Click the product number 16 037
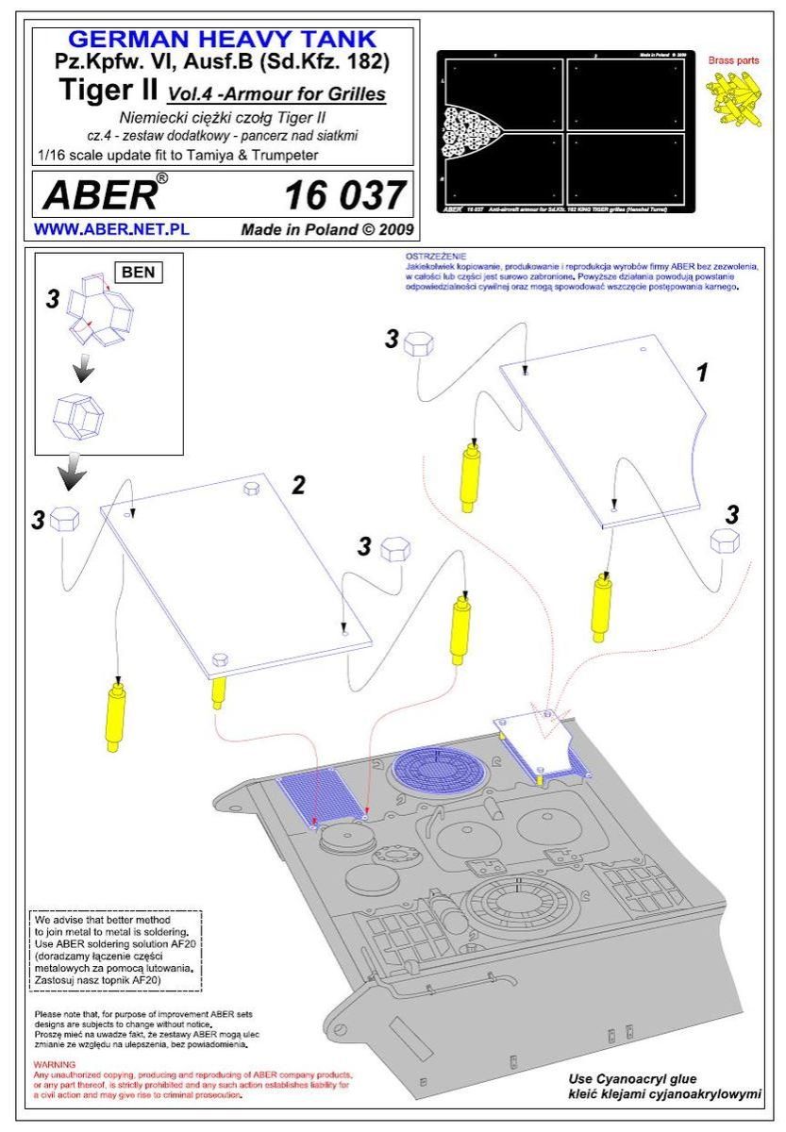pos(344,196)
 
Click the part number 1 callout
pos(701,372)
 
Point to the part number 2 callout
pos(298,485)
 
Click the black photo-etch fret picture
pos(566,132)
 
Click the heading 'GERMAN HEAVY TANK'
pos(224,40)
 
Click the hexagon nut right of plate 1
pos(725,541)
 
